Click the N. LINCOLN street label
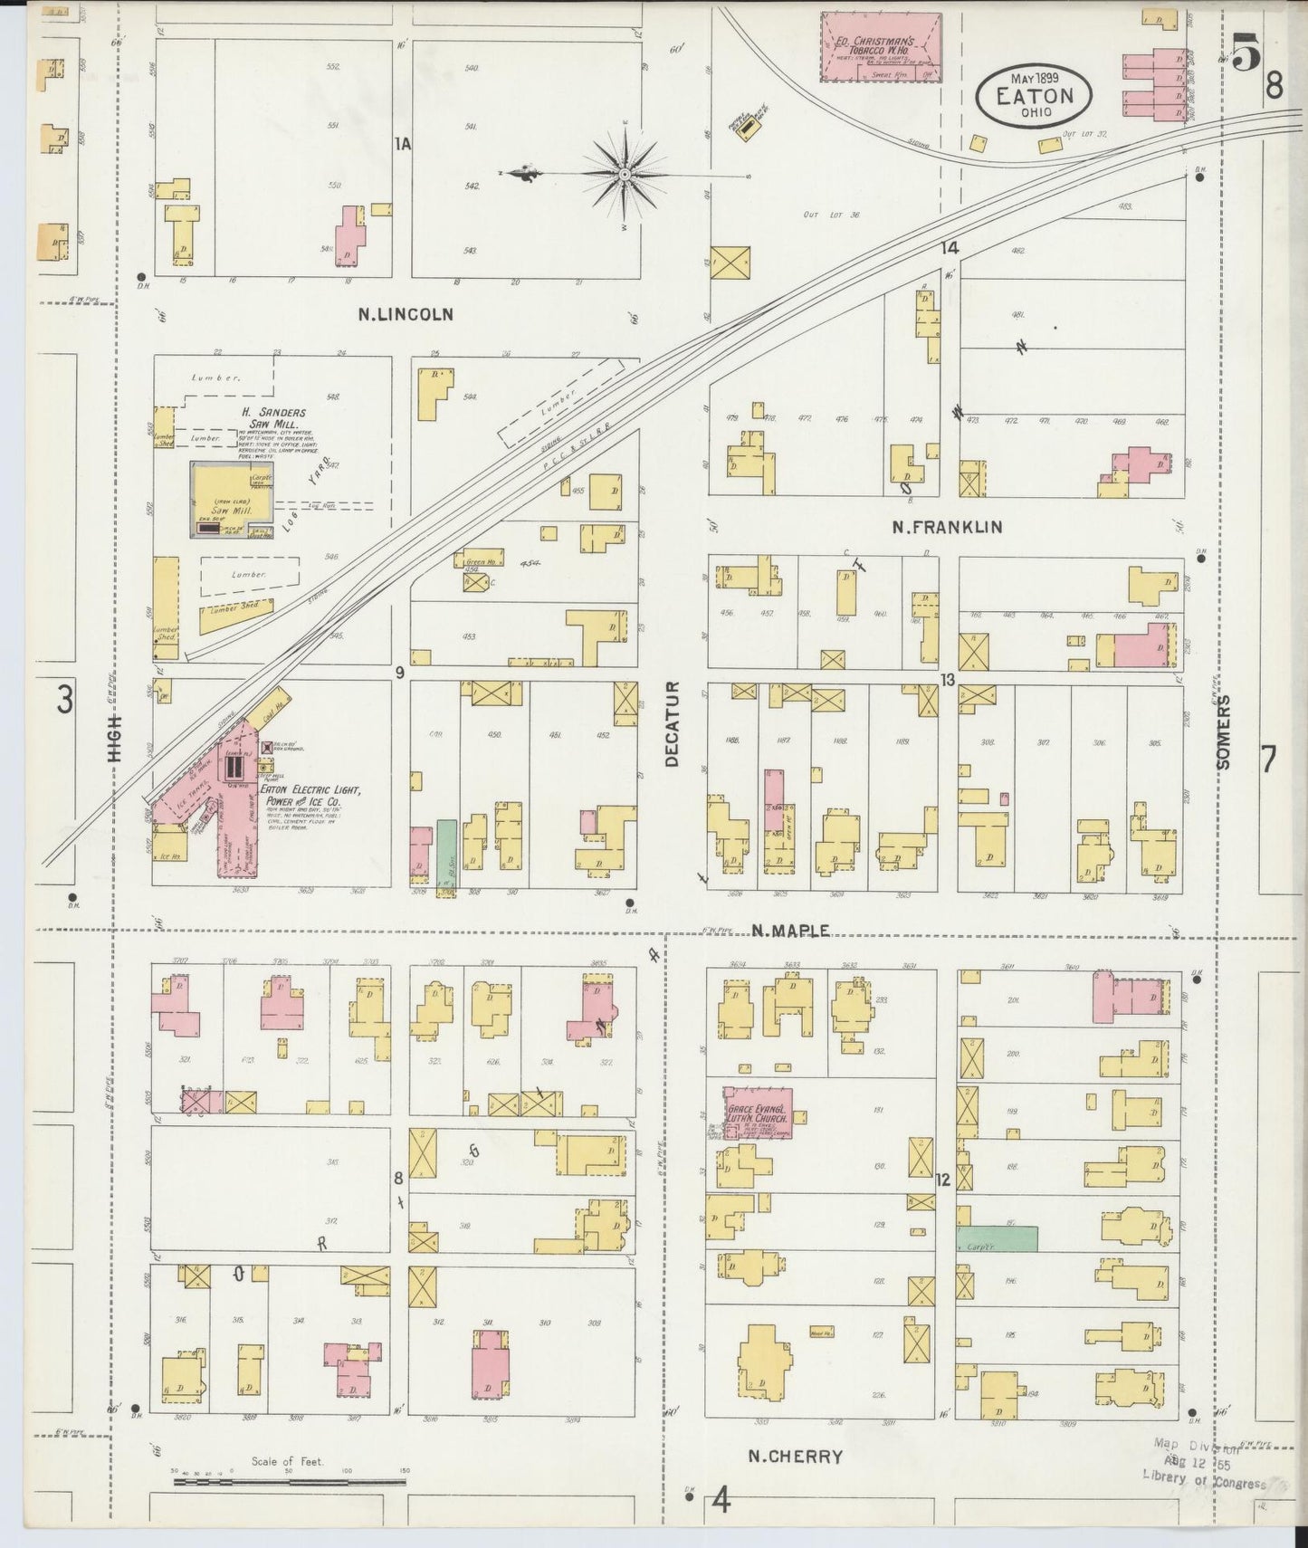click(x=405, y=315)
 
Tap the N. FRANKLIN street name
click(x=947, y=527)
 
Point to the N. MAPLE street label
click(x=790, y=931)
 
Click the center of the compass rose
click(x=625, y=172)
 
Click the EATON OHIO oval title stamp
click(x=1033, y=93)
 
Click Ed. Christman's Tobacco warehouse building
click(x=881, y=48)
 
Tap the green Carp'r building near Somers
click(x=997, y=1239)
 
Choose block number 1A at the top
click(x=403, y=143)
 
